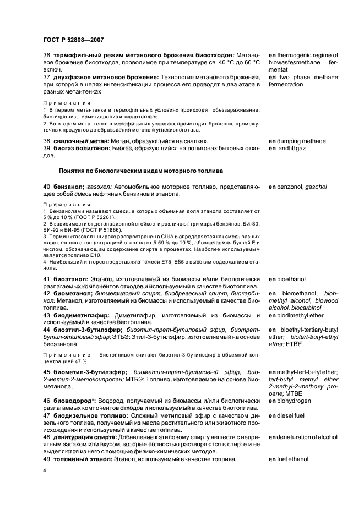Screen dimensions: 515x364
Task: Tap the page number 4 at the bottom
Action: tap(45, 470)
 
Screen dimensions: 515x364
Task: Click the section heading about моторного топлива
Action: tap(141, 171)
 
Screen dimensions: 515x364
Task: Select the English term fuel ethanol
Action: tap(301, 459)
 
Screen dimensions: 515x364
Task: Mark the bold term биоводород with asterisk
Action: tap(75, 401)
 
